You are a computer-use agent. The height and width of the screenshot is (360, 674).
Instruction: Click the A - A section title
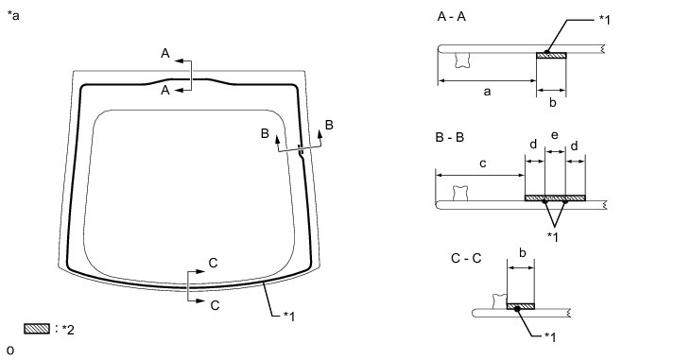(451, 17)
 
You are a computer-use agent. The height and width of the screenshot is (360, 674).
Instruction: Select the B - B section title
(450, 138)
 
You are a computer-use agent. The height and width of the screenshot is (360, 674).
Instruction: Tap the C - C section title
(466, 258)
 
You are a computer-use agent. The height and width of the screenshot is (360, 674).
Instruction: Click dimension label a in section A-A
(487, 92)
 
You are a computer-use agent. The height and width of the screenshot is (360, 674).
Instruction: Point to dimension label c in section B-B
(483, 163)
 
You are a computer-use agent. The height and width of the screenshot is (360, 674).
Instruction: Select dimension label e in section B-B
(555, 136)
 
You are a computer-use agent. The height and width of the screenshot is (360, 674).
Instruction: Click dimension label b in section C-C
(522, 253)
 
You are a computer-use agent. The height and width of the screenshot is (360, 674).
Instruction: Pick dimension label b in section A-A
(553, 102)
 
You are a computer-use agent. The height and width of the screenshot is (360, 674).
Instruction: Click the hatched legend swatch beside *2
(37, 329)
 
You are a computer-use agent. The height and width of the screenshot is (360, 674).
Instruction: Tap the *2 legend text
(68, 330)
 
